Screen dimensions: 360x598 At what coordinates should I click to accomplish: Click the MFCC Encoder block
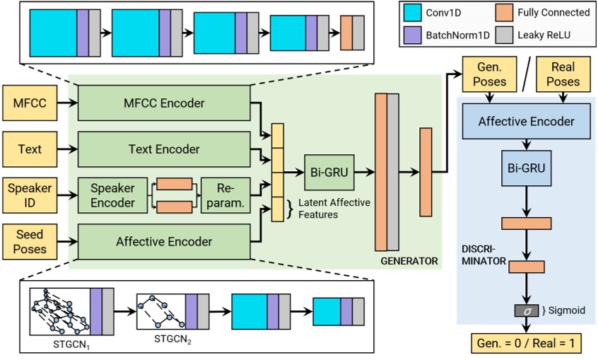[164, 103]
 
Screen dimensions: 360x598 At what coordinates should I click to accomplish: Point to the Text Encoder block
[164, 149]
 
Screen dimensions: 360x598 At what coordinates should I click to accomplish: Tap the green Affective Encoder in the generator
[164, 241]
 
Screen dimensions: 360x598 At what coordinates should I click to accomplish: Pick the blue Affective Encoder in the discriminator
[526, 121]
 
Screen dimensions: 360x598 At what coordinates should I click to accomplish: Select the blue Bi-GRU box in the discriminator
[526, 170]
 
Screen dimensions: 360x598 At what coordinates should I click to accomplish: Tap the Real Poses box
[563, 74]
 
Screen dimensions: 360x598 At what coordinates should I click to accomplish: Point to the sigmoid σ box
[526, 310]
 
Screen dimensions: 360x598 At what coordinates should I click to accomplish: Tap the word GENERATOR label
[409, 261]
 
